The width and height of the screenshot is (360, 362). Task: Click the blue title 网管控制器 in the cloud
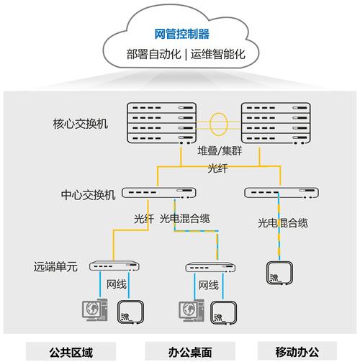coord(181,34)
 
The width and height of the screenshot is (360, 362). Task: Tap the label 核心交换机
coord(81,124)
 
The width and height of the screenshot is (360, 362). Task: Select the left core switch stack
coord(162,123)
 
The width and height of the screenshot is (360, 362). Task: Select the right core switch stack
coord(276,123)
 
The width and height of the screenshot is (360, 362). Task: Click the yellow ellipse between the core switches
coord(210,125)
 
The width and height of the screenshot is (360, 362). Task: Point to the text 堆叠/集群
coord(220,151)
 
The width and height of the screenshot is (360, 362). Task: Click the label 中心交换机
coord(88,195)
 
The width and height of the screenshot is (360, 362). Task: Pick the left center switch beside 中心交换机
coord(159,193)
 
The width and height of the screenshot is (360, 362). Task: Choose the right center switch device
coord(282,193)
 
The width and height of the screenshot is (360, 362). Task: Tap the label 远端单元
coord(55,266)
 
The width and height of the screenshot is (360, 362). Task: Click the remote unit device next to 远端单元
coord(114,266)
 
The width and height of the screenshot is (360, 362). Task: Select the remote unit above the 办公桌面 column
coord(210,267)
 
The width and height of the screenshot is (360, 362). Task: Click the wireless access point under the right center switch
coord(279,273)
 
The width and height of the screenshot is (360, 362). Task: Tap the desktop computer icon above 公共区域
coord(95,310)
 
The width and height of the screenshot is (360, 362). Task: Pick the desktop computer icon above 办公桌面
coord(192,311)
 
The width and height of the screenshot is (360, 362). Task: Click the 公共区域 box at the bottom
coord(71,352)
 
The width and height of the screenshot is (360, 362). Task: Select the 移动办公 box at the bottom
coord(297,352)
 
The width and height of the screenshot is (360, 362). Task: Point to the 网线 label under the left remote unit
coord(117,284)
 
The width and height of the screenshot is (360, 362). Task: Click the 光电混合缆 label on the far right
coord(283,223)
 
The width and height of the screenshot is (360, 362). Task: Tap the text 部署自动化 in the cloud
coord(153,54)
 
